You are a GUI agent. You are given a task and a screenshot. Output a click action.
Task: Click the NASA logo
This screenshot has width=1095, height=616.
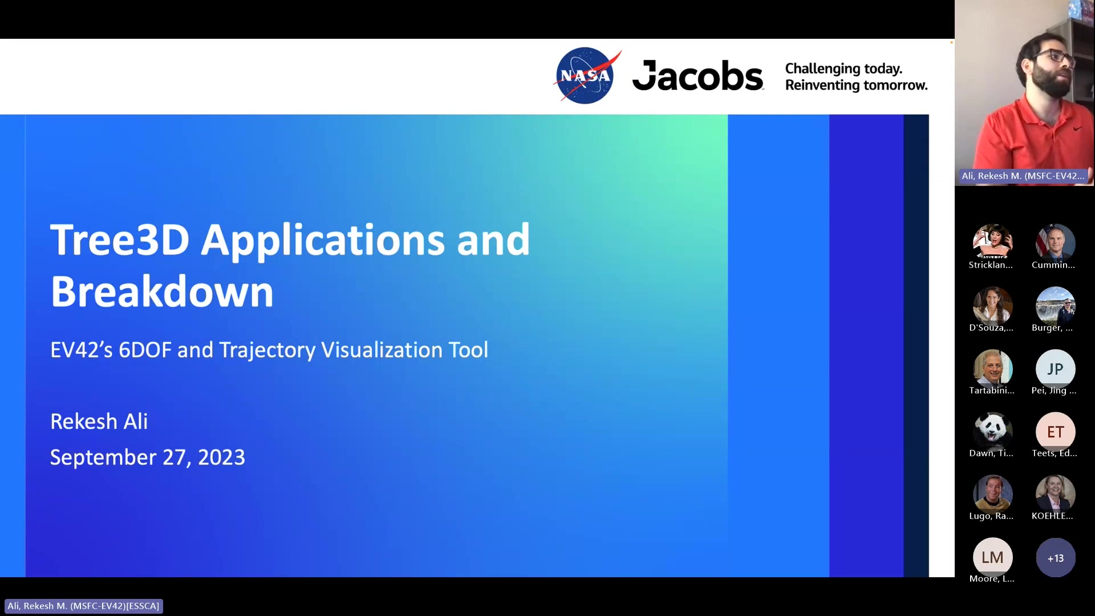[x=586, y=75]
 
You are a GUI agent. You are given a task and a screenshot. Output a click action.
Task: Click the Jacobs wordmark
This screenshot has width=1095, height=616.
[x=697, y=75]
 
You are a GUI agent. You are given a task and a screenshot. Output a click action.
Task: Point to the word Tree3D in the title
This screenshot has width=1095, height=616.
[x=120, y=240]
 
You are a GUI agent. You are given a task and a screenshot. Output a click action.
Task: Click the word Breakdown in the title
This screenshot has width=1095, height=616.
[x=162, y=291]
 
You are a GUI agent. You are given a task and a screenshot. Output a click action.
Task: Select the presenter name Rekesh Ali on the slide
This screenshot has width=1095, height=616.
[x=99, y=422]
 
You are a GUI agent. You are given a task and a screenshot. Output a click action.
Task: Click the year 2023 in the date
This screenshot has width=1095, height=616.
[x=221, y=457]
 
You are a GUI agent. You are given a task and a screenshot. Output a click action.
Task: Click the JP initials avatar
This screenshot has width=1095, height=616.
[x=1055, y=369]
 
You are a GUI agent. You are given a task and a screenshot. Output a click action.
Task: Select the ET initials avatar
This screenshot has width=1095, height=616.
[x=1055, y=432]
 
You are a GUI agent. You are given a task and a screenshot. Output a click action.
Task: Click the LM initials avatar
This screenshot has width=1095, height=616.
[x=992, y=557]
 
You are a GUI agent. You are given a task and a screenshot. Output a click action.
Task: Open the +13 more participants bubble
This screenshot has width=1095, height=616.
[x=1055, y=558]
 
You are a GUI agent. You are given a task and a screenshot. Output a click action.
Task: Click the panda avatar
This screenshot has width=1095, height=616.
[x=992, y=432]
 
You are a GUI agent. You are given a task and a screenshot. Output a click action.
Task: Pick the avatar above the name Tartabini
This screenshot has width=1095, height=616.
[x=992, y=369]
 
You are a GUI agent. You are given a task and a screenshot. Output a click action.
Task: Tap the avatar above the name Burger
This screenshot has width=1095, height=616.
[x=1055, y=306]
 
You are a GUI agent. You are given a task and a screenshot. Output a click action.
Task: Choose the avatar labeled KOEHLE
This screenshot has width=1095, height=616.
[x=1055, y=495]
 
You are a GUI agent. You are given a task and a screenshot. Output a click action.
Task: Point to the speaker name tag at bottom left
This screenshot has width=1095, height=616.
[x=83, y=606]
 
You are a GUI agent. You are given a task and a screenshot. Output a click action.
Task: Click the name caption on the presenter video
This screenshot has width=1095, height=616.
[x=1023, y=176]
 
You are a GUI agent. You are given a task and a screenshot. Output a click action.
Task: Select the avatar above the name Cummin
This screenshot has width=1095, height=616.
[x=1055, y=244]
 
